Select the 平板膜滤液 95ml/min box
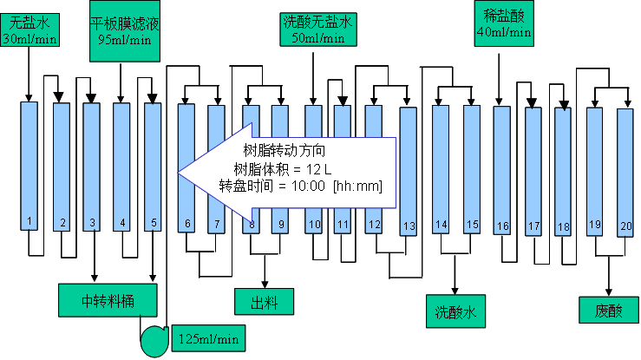click(125, 32)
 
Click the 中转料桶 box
click(108, 300)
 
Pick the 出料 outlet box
click(264, 301)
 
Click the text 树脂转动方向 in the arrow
click(286, 149)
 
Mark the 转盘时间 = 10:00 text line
click(300, 186)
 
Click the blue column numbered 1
click(29, 165)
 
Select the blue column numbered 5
click(153, 165)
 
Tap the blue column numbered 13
click(409, 169)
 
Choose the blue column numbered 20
click(625, 171)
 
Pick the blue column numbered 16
click(502, 169)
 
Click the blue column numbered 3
click(92, 165)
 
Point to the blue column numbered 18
click(563, 170)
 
